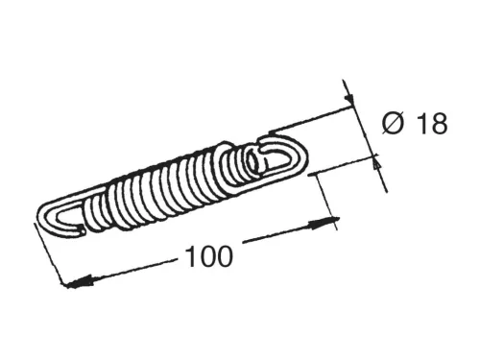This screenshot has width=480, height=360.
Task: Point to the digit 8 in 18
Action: (x=439, y=125)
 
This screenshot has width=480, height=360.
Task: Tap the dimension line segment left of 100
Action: (x=125, y=271)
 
